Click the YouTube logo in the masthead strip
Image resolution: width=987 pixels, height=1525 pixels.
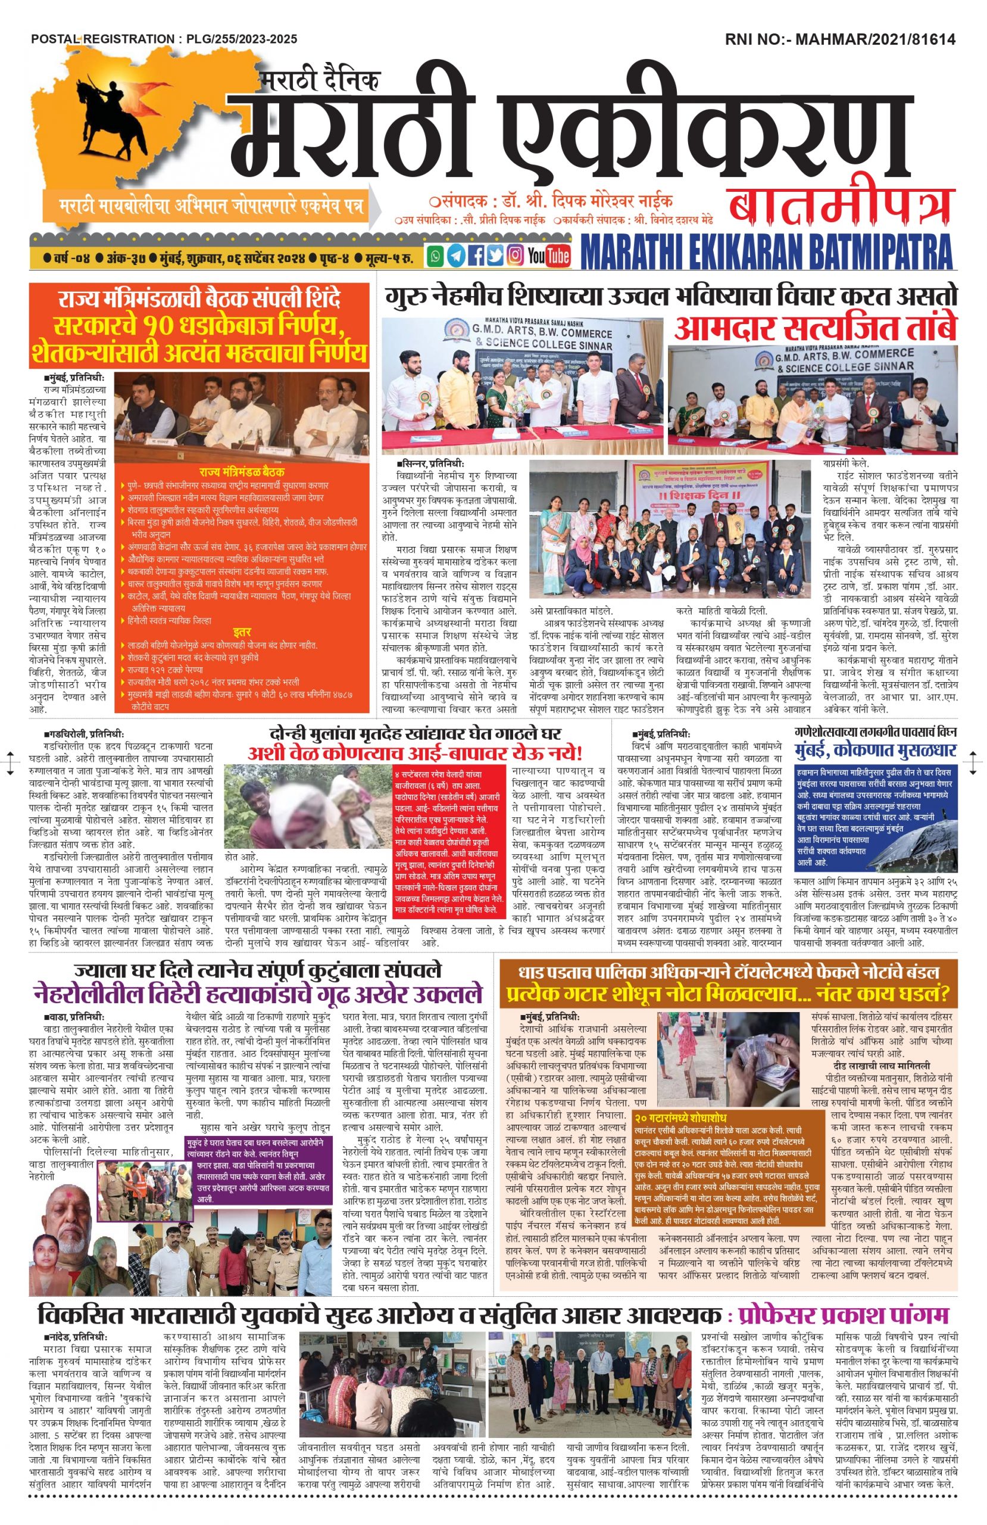[x=548, y=256]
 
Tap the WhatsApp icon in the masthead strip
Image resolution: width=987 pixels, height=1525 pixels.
[x=436, y=256]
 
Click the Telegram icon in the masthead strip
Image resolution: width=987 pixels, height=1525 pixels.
[x=455, y=256]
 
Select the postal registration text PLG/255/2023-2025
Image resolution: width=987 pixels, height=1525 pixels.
[x=242, y=40]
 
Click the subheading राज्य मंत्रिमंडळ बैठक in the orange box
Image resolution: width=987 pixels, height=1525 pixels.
[x=243, y=471]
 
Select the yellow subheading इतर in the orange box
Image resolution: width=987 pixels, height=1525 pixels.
[x=242, y=630]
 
